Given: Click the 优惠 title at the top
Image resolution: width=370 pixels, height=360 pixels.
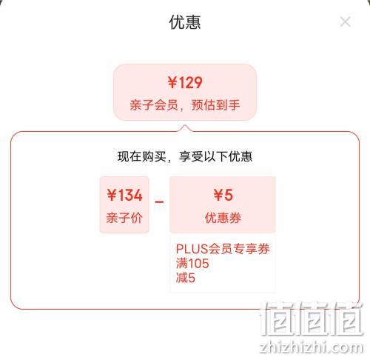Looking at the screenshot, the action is coord(185,22).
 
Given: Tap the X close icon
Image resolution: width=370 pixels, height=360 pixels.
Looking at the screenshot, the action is coord(345,21).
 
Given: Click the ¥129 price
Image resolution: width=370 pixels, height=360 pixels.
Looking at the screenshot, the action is coord(185,82).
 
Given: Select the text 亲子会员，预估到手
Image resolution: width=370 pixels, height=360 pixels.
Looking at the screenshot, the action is coord(185,105).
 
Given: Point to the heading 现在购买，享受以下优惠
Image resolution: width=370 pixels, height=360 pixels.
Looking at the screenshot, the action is coord(185,156).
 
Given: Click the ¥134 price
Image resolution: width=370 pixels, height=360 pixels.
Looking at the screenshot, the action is coord(124,195).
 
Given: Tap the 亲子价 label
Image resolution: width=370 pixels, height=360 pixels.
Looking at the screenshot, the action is coord(124,218).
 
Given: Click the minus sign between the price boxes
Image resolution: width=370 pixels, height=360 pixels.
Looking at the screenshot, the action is coord(159,202).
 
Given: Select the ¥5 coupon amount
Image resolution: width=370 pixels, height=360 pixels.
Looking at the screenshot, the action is coord(223,195).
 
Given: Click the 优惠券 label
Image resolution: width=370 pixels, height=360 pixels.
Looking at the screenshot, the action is coord(223,218).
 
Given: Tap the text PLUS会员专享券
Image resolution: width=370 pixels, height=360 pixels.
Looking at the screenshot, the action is coord(223,249).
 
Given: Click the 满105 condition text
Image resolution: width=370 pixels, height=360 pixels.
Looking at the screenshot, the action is coord(192,263).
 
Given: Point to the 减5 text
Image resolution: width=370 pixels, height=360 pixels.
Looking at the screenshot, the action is coord(186,278).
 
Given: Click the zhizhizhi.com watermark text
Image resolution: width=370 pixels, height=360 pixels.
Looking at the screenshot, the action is coord(312,347).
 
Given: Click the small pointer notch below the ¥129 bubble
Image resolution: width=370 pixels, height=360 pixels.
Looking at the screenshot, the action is coord(185,128).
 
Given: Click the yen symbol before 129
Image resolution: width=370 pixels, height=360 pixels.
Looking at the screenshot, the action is coord(172,82).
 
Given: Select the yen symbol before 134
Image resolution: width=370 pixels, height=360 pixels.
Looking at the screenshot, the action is coord(112,195).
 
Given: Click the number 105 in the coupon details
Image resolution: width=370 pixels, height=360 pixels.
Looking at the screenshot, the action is coord(198,264).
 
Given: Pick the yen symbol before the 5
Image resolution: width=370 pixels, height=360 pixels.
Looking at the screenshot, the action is coord(218,195).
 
